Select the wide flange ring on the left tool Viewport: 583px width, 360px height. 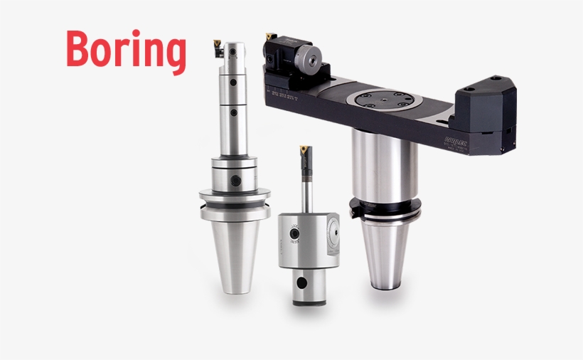235,196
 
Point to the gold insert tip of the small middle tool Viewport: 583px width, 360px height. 304,150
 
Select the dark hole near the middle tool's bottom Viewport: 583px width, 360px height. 304,283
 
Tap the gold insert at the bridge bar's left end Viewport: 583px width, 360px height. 270,35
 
